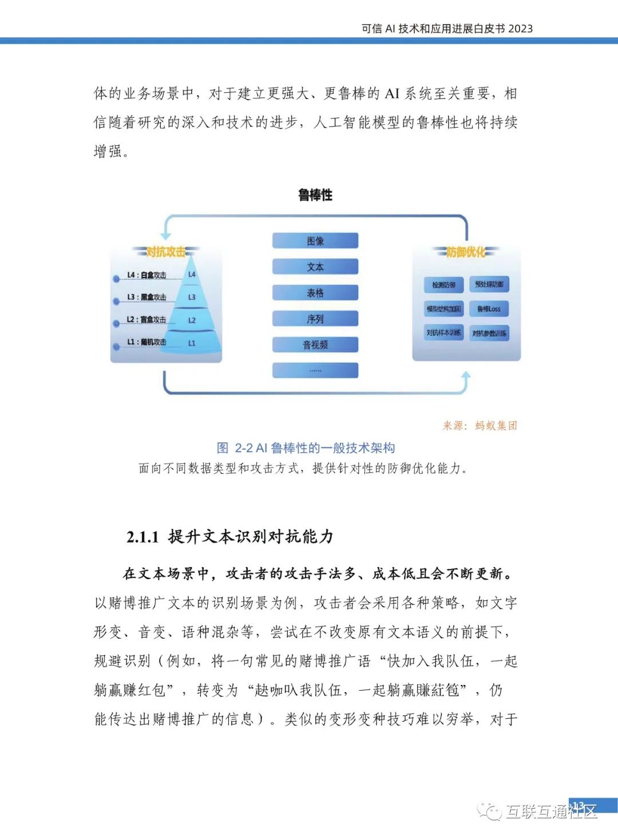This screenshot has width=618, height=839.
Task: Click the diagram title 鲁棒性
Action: pos(315,195)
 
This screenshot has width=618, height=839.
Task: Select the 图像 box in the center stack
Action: pos(315,241)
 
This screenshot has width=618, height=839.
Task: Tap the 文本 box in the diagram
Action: pos(315,267)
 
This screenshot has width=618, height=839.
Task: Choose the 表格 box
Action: pos(315,293)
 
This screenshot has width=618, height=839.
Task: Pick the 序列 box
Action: pos(315,319)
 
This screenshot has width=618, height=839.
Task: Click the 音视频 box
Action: pos(315,345)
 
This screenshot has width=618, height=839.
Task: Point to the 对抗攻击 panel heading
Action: pos(165,252)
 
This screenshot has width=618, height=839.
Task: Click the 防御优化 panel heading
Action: pos(466,252)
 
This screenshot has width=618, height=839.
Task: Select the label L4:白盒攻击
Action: pos(146,275)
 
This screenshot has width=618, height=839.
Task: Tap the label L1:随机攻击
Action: pos(146,342)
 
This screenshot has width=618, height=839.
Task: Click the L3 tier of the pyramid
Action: pos(192,298)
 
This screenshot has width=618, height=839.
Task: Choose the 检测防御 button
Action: pos(443,284)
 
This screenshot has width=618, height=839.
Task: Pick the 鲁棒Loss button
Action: pos(489,309)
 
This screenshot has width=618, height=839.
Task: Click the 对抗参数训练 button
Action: pos(489,333)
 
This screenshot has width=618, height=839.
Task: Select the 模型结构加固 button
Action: pos(443,309)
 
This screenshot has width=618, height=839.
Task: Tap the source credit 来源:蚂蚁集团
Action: pos(480,426)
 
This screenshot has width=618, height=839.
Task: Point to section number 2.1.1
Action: pos(142,537)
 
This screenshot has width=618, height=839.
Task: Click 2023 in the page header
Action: pos(520,29)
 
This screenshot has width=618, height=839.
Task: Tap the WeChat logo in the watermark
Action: pos(490,810)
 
